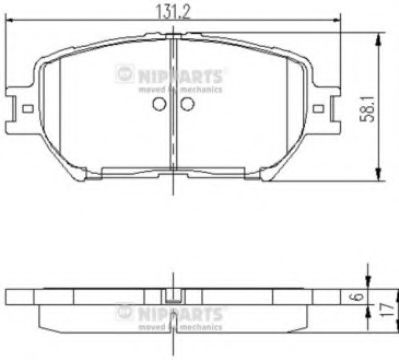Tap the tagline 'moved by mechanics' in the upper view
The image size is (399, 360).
click(x=179, y=89)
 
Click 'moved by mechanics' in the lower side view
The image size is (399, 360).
click(x=179, y=323)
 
